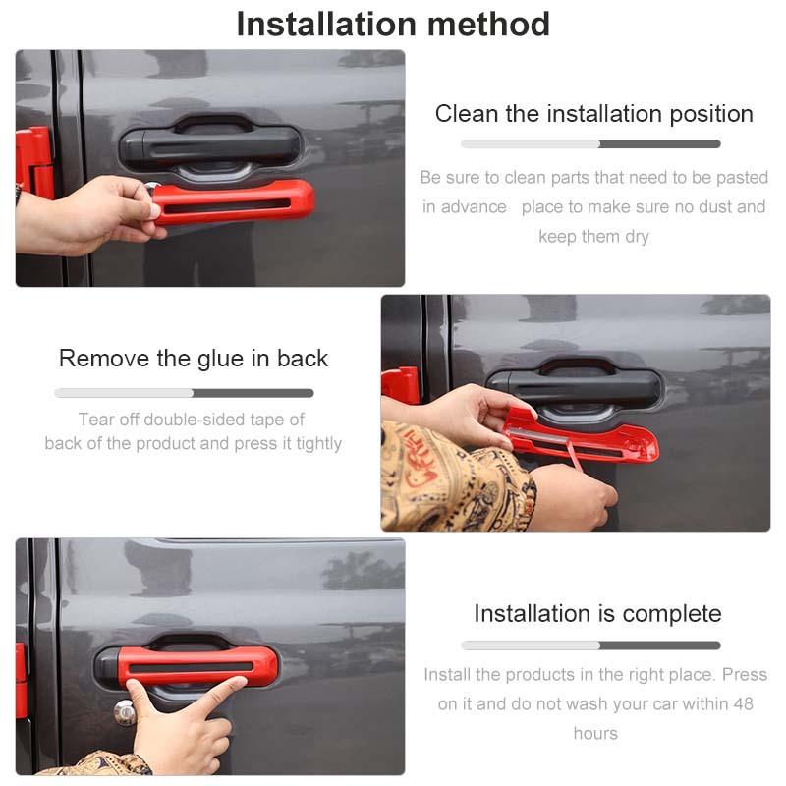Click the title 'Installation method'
point(393,24)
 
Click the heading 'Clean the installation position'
point(594,114)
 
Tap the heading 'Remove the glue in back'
point(194,359)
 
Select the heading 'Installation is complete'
point(597,613)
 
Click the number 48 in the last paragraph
point(744,703)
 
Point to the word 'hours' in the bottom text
point(595,733)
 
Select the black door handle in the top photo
point(210,145)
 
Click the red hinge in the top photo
point(34,160)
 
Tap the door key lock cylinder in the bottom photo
point(125,712)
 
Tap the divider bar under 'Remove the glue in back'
point(184,393)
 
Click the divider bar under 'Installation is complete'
point(591,646)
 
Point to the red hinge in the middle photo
point(400,386)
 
